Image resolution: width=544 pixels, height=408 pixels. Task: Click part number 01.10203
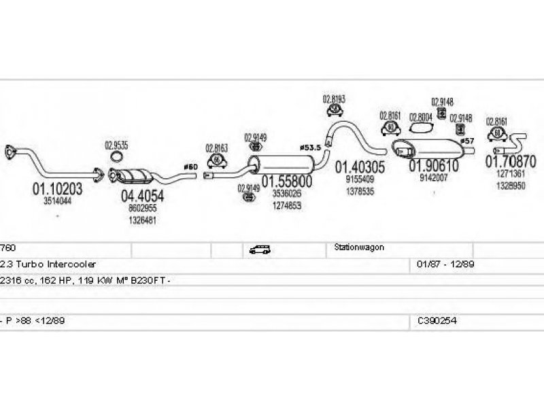[57, 190]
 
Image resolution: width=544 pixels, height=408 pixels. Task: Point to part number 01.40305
[360, 167]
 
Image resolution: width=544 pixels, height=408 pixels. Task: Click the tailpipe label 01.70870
[510, 162]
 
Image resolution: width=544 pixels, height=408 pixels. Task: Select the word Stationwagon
[359, 248]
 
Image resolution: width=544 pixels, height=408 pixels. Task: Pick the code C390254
[438, 319]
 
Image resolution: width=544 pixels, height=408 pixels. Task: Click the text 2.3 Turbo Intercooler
[49, 263]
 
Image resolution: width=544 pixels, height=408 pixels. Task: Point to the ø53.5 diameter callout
[310, 148]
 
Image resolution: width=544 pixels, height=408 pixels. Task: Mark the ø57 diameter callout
[466, 141]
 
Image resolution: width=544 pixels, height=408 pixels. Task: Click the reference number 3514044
[57, 201]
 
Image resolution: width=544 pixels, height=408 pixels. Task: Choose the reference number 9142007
[433, 177]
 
